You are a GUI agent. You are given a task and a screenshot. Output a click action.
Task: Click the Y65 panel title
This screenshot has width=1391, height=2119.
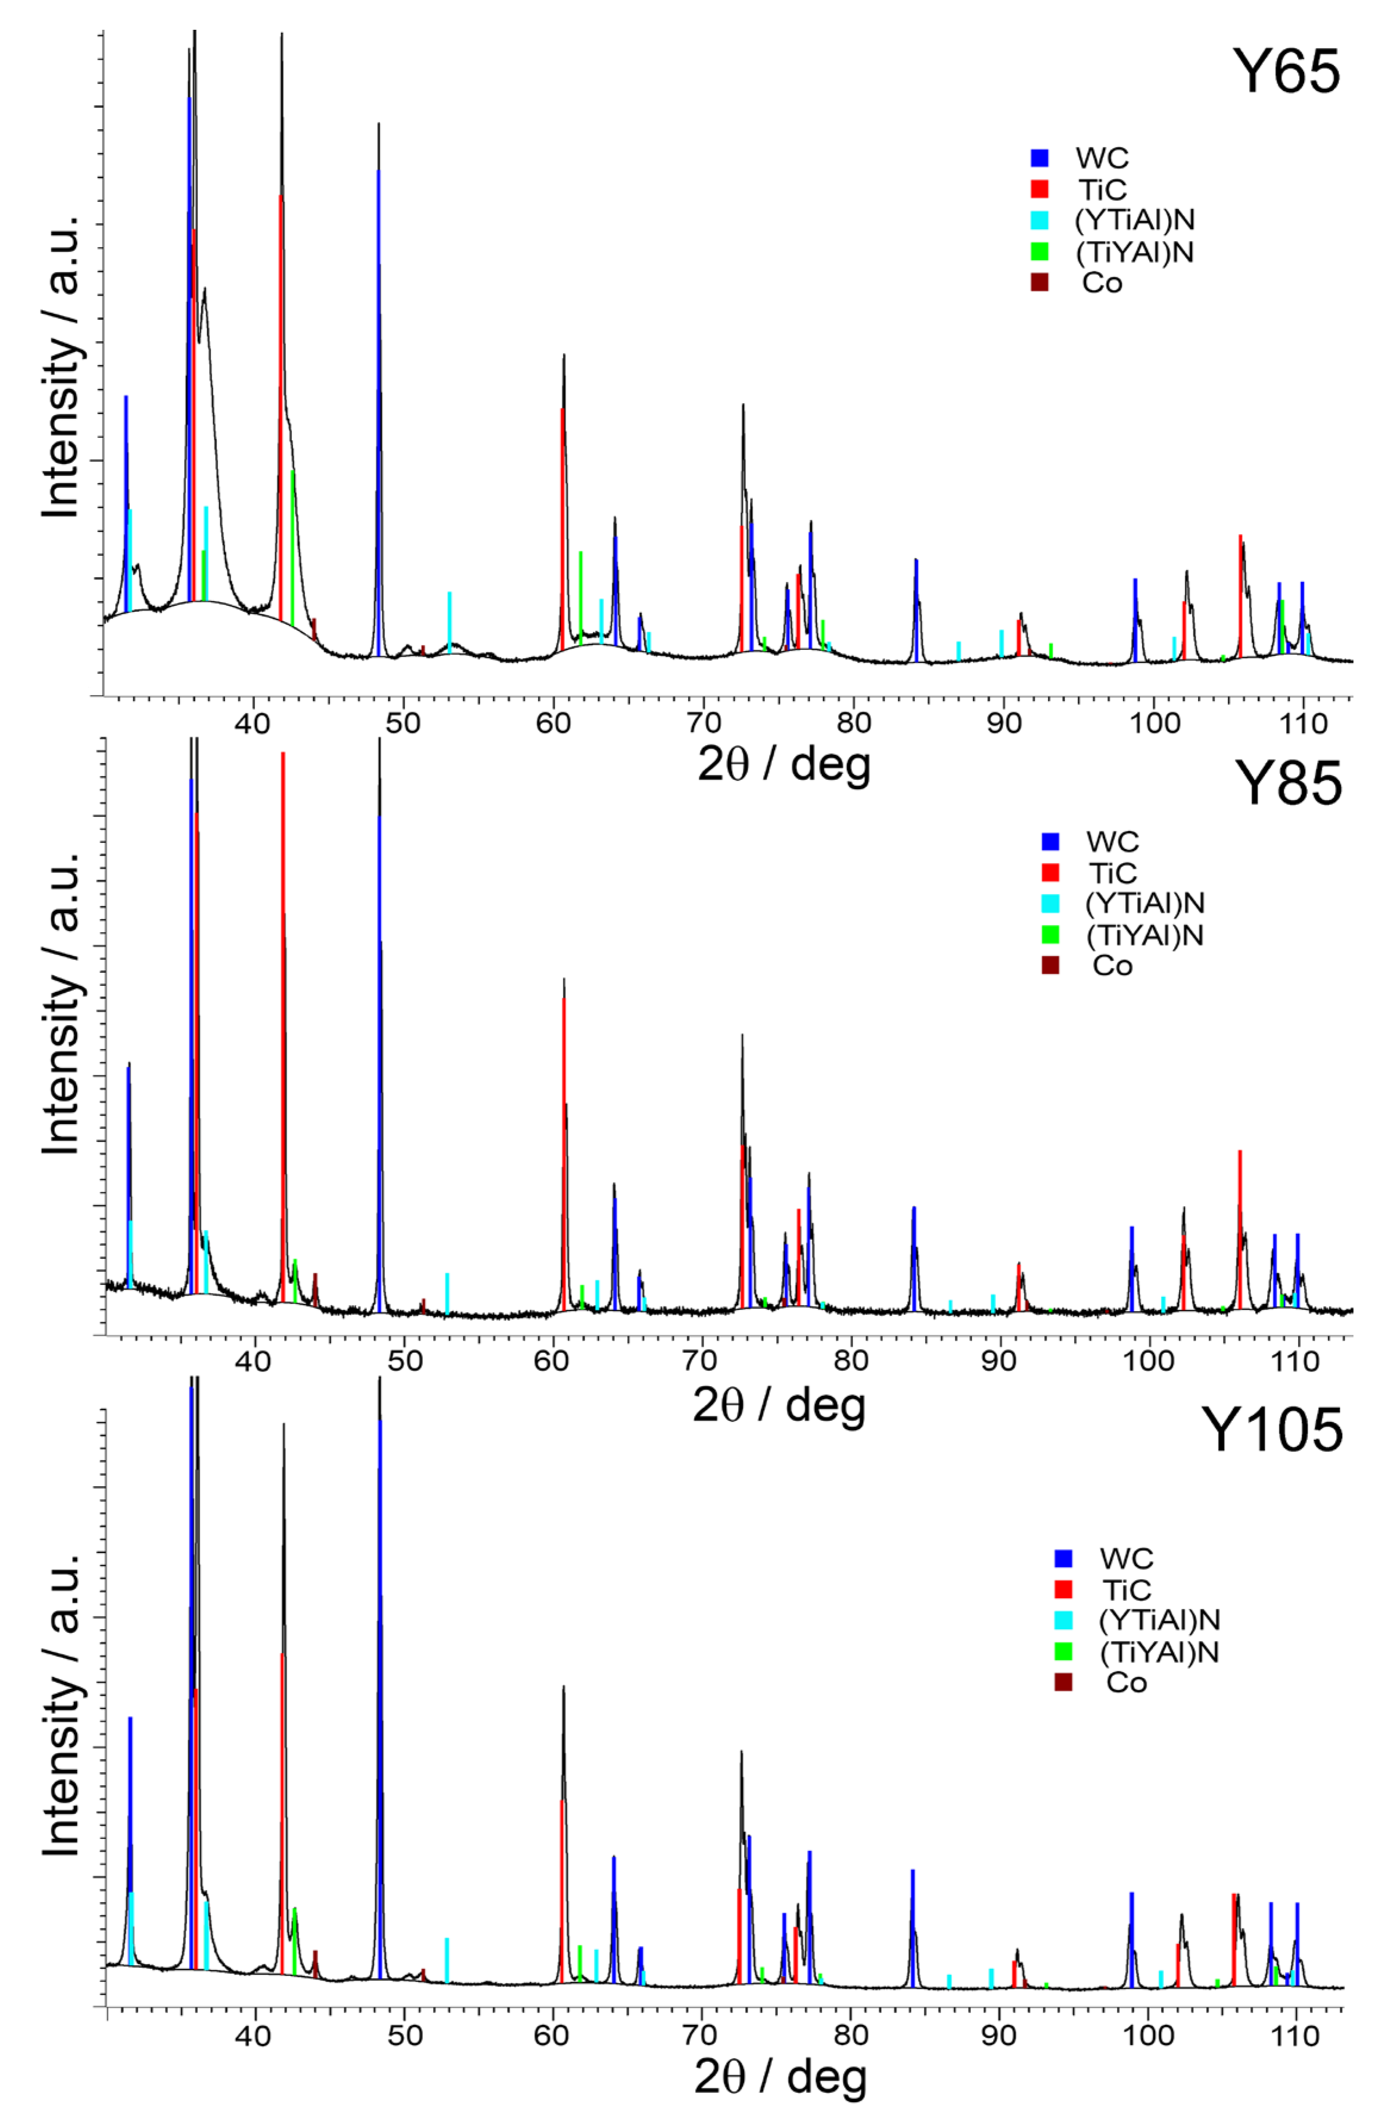click(1285, 71)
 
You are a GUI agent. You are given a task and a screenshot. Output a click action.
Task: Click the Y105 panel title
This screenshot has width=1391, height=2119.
click(1272, 1431)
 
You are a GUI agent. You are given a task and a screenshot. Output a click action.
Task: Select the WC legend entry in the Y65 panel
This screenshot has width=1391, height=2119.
click(1101, 158)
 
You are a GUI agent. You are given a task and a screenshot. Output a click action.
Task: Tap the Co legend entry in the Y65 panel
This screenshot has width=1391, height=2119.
click(1101, 283)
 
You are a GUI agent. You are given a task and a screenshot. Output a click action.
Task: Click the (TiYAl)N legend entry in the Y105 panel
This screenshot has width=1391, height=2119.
click(1157, 1653)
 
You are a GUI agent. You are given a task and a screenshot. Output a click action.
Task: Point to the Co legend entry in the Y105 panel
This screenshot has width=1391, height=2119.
click(1126, 1683)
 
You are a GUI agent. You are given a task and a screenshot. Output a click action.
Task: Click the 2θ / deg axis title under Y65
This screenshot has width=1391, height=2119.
click(783, 764)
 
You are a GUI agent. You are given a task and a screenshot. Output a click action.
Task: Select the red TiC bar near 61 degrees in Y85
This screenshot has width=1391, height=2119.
click(564, 1149)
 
